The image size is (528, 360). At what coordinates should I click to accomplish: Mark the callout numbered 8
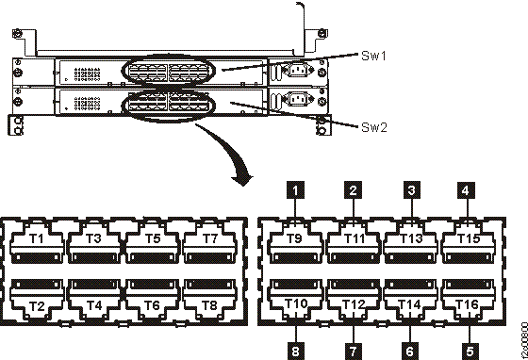point(297,349)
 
